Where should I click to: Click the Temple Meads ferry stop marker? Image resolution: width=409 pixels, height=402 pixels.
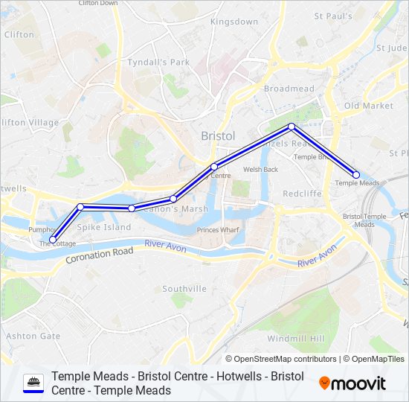coord(356,175)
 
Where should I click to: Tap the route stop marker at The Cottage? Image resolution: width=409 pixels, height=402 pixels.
coord(52,240)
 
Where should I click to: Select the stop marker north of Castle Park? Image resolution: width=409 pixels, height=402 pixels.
coord(292,127)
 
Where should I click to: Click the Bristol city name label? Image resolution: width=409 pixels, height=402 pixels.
coord(218,136)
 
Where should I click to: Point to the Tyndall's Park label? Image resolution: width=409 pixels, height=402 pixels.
coord(158,63)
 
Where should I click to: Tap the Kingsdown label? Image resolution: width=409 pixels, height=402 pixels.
coord(234,22)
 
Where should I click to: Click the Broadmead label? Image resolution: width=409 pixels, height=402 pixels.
coord(289,89)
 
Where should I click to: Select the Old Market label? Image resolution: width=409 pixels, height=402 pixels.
coord(368,106)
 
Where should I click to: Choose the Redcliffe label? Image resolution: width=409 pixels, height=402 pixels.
coord(302,194)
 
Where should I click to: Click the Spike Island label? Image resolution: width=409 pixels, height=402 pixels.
coord(104,227)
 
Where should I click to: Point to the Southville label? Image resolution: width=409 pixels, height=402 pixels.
coord(184,288)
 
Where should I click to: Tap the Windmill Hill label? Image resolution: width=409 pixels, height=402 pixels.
coord(295,339)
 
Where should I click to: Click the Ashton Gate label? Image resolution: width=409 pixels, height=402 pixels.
coord(33,336)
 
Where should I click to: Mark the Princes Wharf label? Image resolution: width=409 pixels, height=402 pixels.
coord(218,230)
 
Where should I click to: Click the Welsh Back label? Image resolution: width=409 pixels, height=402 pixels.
coord(260,169)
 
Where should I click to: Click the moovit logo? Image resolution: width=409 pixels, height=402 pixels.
coord(352,383)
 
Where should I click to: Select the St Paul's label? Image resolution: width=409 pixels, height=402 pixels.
coord(332,16)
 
